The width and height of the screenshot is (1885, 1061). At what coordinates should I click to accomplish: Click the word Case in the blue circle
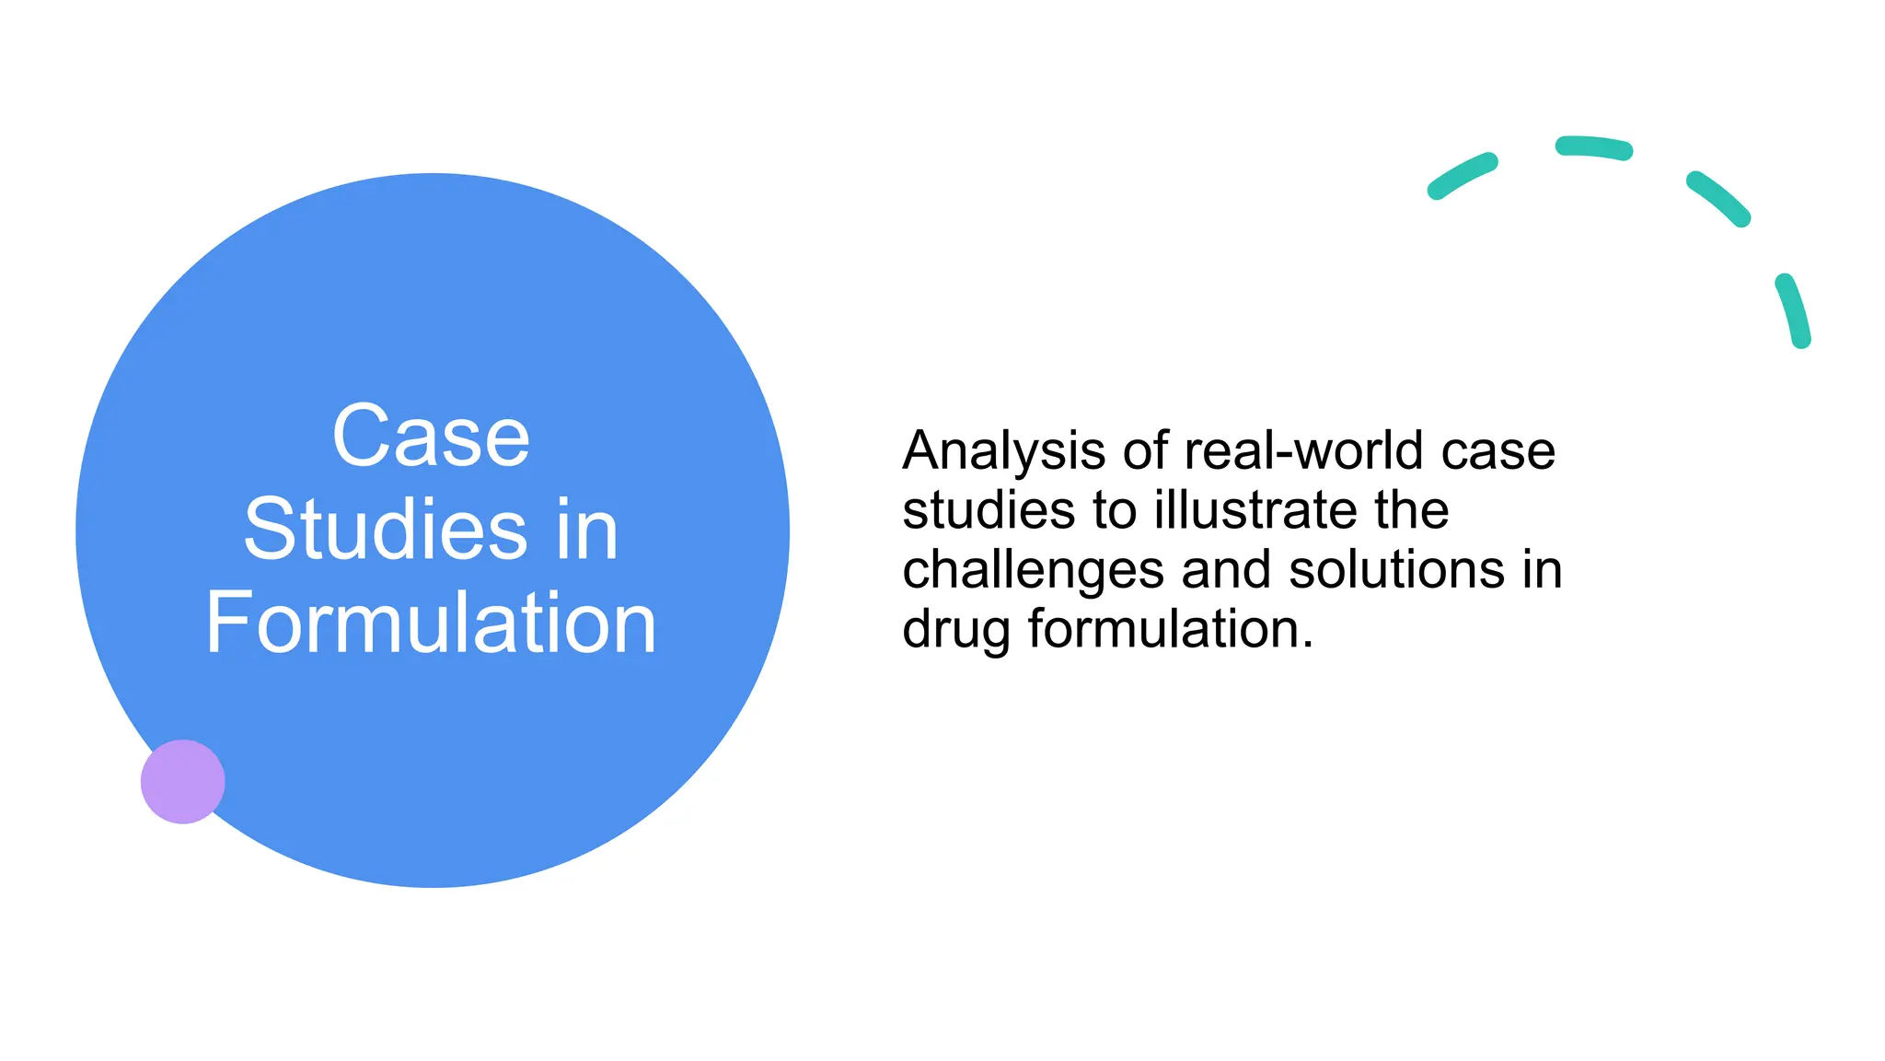[431, 437]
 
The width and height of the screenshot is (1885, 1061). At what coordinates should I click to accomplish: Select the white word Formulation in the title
[431, 624]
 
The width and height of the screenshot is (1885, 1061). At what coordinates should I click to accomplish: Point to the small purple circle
[182, 781]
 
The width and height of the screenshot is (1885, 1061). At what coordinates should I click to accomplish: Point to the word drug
[956, 631]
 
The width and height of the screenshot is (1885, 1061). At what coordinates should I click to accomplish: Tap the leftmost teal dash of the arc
[1462, 176]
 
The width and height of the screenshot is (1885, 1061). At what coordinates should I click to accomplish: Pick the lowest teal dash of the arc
[1793, 310]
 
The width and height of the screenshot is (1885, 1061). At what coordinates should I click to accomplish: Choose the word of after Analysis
[1145, 450]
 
